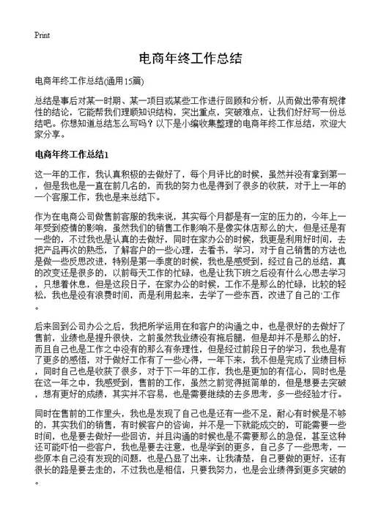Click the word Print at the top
point(42,34)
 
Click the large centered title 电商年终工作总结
point(190,58)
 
